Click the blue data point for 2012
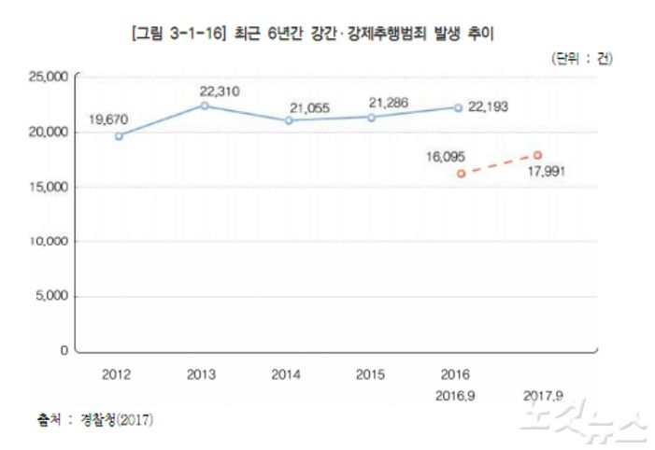(119, 136)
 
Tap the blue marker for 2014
(288, 120)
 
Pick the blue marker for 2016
(458, 107)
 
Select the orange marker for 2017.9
(538, 155)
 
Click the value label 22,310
(220, 91)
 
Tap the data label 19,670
(108, 119)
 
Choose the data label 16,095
(447, 157)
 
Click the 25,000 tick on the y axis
(47, 77)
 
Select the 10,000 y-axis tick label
(47, 241)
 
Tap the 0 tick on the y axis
(63, 351)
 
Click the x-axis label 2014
(286, 375)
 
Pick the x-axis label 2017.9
(540, 395)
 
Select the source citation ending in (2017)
(96, 419)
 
